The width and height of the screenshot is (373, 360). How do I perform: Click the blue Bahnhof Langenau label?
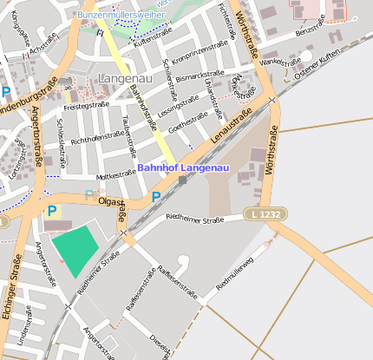click(x=183, y=167)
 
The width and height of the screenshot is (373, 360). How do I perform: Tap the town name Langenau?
click(x=126, y=78)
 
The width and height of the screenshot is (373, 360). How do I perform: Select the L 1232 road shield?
click(x=263, y=213)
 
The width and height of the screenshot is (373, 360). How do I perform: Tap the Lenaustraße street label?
click(x=230, y=124)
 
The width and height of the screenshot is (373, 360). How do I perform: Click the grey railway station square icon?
click(x=182, y=180)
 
